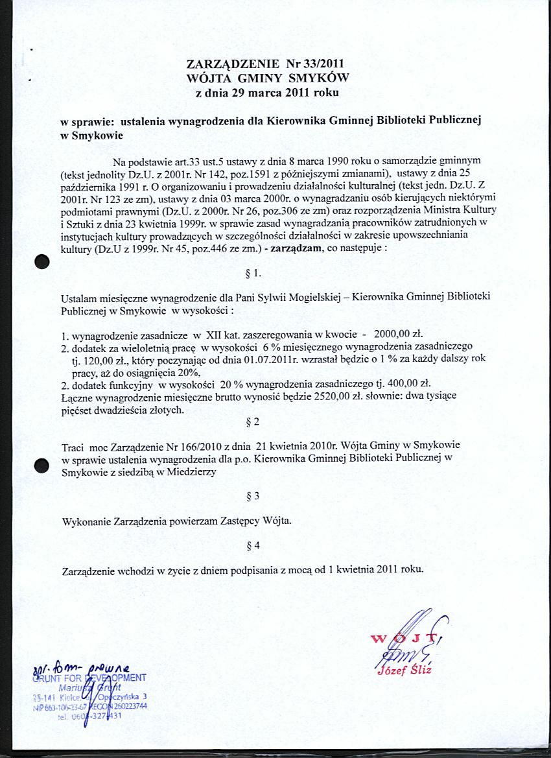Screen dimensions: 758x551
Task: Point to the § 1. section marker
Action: (253, 273)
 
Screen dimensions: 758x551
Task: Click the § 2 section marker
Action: (253, 422)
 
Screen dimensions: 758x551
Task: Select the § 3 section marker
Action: (253, 496)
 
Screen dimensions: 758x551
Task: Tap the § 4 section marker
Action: (253, 546)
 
